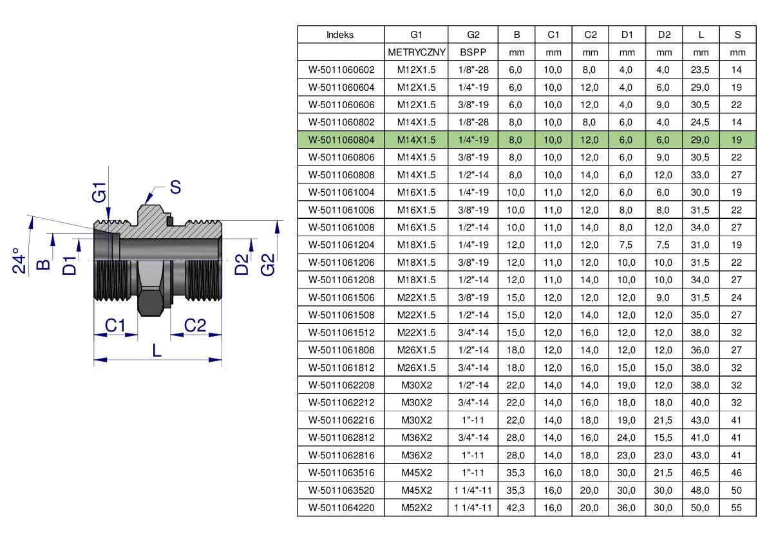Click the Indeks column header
coord(340,35)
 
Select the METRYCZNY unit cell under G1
coord(416,52)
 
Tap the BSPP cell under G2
coord(473,52)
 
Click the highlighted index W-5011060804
coord(341,140)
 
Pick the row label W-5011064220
coord(341,508)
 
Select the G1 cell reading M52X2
coord(417,508)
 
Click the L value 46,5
coord(700,472)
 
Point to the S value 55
coord(736,508)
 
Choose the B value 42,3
coord(516,508)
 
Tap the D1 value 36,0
coord(626,508)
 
